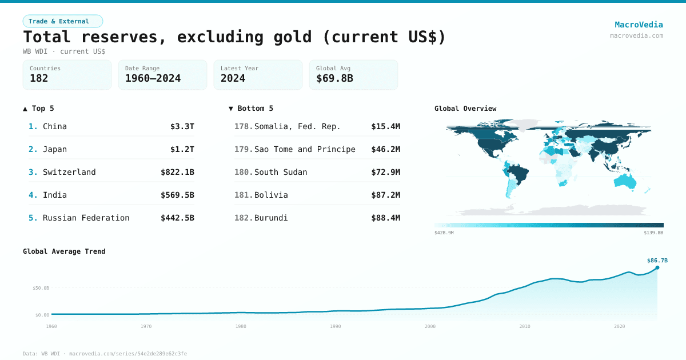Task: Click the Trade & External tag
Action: pyautogui.click(x=62, y=21)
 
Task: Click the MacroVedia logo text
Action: pyautogui.click(x=639, y=25)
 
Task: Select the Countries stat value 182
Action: pyautogui.click(x=39, y=79)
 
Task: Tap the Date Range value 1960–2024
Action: pyautogui.click(x=153, y=79)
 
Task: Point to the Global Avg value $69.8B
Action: pyautogui.click(x=334, y=79)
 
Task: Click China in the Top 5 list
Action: pyautogui.click(x=55, y=126)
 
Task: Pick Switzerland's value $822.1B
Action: pyautogui.click(x=177, y=172)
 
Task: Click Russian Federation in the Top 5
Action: pyautogui.click(x=86, y=218)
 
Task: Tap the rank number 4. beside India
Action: pyautogui.click(x=33, y=195)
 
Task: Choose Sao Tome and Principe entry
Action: pyautogui.click(x=305, y=149)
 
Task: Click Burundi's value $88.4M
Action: pyautogui.click(x=385, y=218)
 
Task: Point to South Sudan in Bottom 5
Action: pyautogui.click(x=281, y=172)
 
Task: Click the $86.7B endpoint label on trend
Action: pyautogui.click(x=657, y=261)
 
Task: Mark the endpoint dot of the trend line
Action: pyautogui.click(x=657, y=267)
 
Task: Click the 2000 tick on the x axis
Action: pyautogui.click(x=430, y=326)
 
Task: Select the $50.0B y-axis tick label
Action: pyautogui.click(x=41, y=288)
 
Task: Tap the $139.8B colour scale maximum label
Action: pyautogui.click(x=653, y=233)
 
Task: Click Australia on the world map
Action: pyautogui.click(x=625, y=181)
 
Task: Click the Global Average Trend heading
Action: pyautogui.click(x=64, y=251)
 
